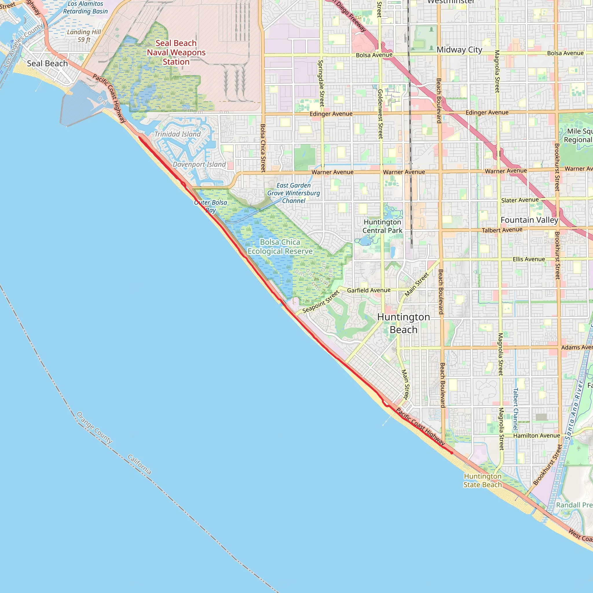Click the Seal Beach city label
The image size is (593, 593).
(x=47, y=63)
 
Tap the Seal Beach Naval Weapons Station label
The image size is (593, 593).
(x=176, y=52)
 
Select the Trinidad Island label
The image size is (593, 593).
(x=177, y=134)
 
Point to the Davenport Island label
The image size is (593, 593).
(x=199, y=164)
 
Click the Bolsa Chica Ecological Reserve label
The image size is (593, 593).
(x=280, y=247)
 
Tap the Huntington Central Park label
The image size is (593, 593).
(x=382, y=226)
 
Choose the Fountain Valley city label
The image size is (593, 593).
(x=529, y=220)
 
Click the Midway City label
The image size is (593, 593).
(x=459, y=50)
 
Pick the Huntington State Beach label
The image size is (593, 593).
(x=482, y=480)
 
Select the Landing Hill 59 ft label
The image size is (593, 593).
(x=84, y=36)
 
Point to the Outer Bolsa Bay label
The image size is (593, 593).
(x=211, y=206)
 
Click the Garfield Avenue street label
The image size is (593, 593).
(x=369, y=290)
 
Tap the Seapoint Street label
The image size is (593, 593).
(x=321, y=302)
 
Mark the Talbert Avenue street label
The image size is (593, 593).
(x=502, y=230)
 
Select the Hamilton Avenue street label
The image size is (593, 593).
(x=537, y=435)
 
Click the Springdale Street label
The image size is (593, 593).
(x=321, y=83)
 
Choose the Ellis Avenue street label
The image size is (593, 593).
(x=529, y=259)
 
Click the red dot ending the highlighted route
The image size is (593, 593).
(x=451, y=453)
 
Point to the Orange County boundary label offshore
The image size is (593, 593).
(x=94, y=428)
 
